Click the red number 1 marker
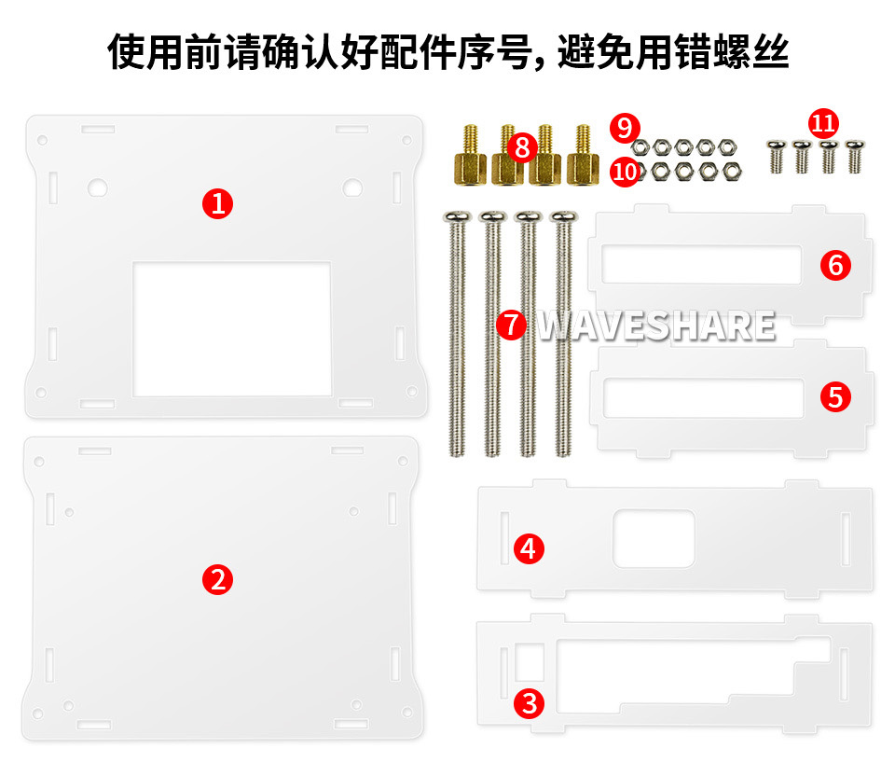(217, 204)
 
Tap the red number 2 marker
(217, 579)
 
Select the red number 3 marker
(530, 703)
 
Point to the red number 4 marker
(529, 548)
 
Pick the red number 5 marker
(835, 396)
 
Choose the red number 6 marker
(835, 265)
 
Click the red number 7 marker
(512, 325)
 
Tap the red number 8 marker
(522, 147)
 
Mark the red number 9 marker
(625, 128)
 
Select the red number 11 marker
(823, 123)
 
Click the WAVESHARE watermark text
(656, 326)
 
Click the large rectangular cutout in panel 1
(232, 329)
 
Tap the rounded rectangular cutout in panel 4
(654, 538)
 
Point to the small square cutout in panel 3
(530, 662)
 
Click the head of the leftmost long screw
(457, 216)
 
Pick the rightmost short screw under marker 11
(855, 157)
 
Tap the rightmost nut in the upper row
(727, 147)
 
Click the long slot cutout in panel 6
(702, 264)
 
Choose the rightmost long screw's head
(563, 216)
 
